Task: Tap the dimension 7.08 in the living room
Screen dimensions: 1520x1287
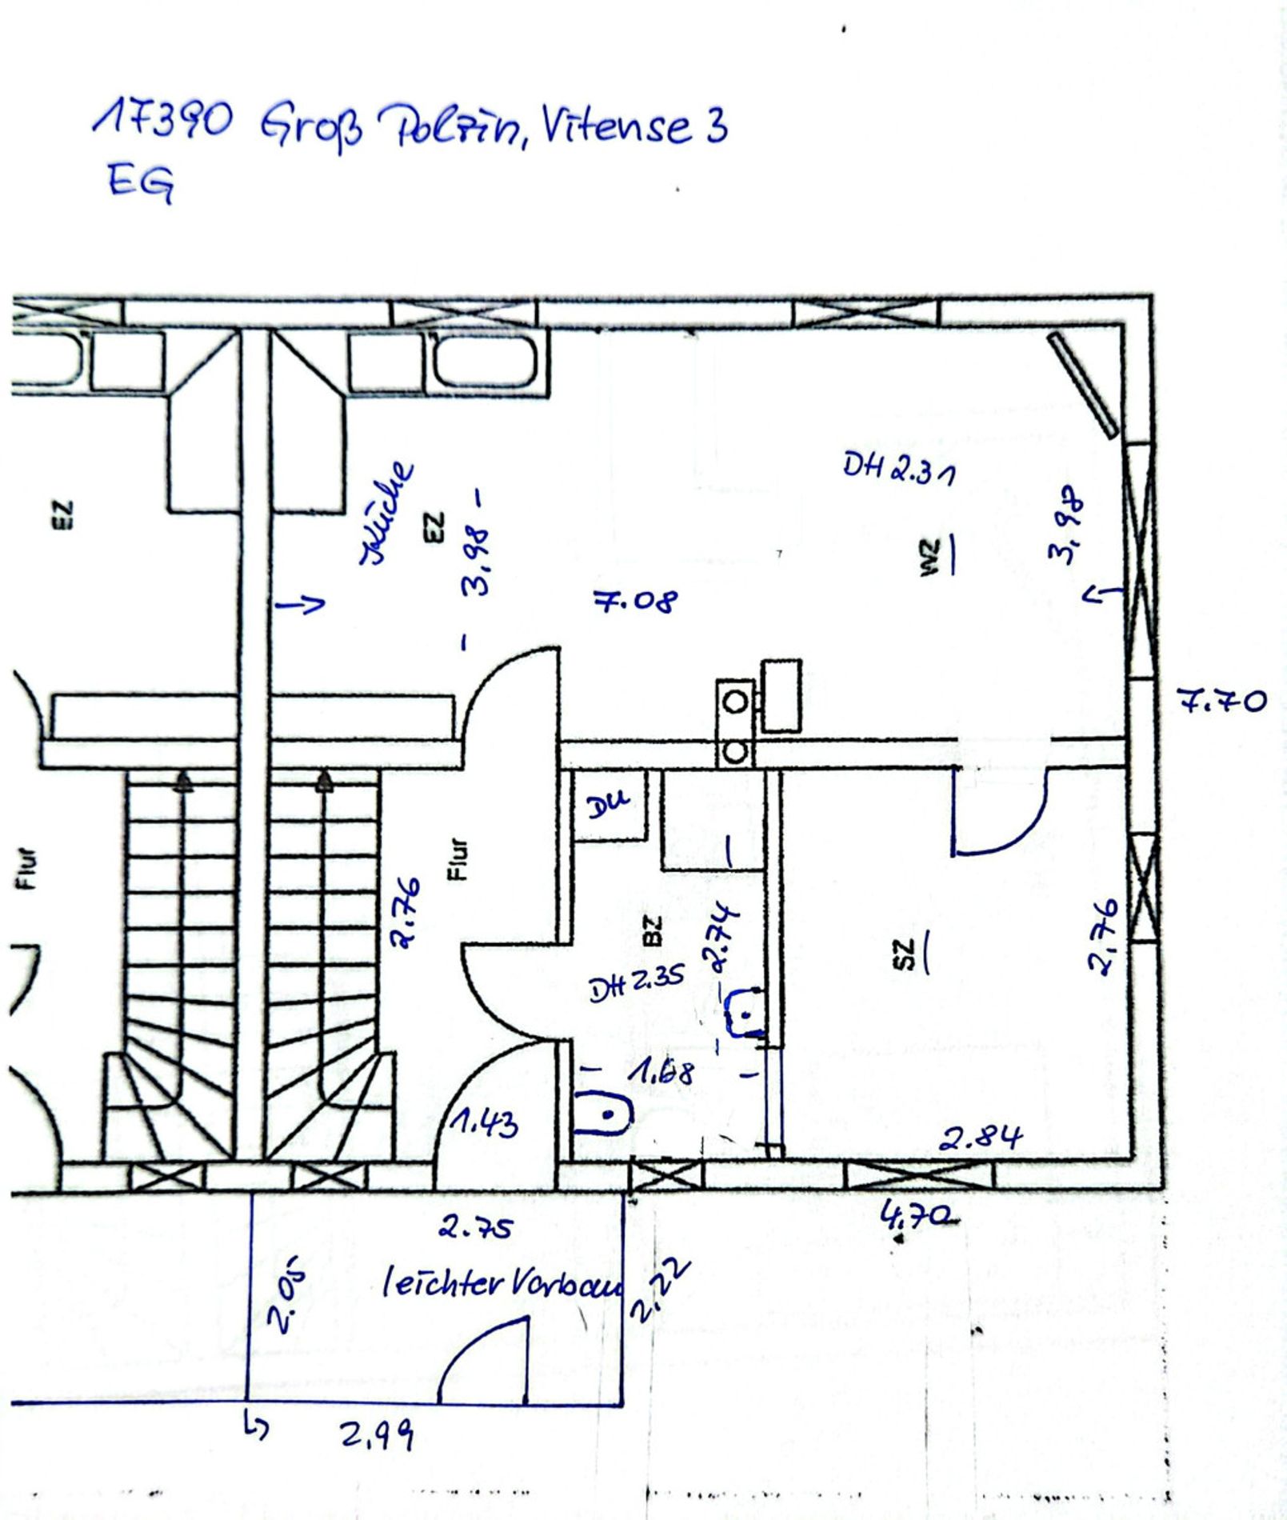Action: pyautogui.click(x=636, y=600)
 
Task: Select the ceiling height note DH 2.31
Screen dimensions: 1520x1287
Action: pyautogui.click(x=898, y=469)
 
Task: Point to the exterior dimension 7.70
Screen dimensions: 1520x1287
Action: pyautogui.click(x=1221, y=702)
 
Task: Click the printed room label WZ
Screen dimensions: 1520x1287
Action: pyautogui.click(x=928, y=557)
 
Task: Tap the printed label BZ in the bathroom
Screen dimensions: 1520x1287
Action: pyautogui.click(x=653, y=930)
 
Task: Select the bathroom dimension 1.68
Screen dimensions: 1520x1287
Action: pyautogui.click(x=661, y=1071)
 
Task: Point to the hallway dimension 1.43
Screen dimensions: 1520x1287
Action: pyautogui.click(x=484, y=1124)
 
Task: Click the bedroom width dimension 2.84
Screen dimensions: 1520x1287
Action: pyautogui.click(x=981, y=1138)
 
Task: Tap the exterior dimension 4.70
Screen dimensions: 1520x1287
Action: pyautogui.click(x=918, y=1217)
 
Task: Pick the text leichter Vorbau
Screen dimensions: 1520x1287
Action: pyautogui.click(x=502, y=1285)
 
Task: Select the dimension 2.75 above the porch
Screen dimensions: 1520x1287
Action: pyautogui.click(x=475, y=1227)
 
